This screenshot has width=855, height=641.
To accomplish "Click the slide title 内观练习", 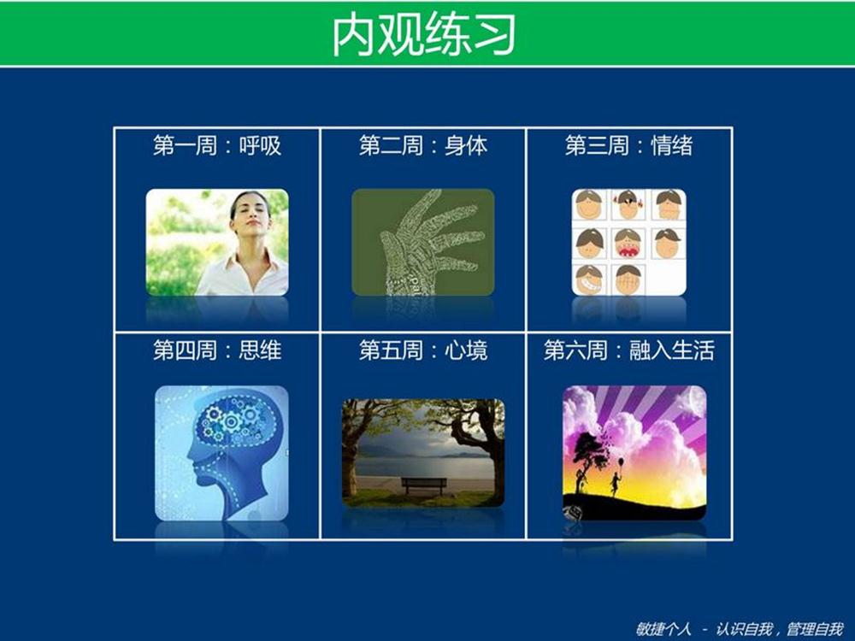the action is tap(424, 35).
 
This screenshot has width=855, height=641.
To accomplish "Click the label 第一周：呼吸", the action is tap(217, 145).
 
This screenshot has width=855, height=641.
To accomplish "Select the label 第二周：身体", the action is tap(423, 145).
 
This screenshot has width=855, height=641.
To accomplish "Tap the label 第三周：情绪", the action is tap(628, 145).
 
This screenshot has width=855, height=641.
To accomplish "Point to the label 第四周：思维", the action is tap(217, 350).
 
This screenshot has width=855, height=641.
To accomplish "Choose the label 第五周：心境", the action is tap(423, 350).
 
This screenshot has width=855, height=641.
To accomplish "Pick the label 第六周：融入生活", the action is tap(628, 350).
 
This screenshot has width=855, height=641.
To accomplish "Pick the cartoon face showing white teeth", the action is tap(589, 279).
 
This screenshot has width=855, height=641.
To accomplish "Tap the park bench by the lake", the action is tap(424, 485).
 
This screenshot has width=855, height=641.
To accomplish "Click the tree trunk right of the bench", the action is tap(496, 468).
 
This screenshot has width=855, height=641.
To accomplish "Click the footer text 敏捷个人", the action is tap(663, 629).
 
